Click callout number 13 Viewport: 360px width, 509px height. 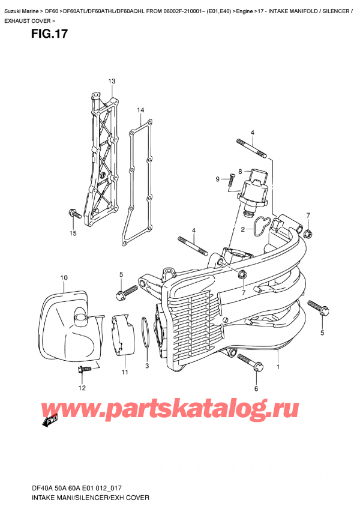pos(111,81)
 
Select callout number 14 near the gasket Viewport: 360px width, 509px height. pos(140,110)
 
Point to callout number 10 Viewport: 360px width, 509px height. pos(64,277)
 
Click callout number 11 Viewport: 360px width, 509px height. pos(125,373)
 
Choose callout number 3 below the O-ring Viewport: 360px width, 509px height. pos(146,366)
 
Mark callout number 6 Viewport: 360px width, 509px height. pos(256,389)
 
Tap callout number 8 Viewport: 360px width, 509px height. pos(239,171)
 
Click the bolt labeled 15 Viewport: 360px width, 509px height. pos(73,213)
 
